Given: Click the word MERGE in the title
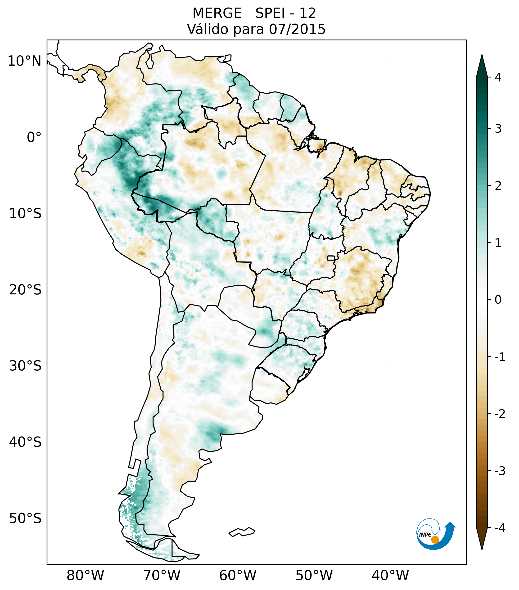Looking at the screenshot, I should click(x=217, y=13).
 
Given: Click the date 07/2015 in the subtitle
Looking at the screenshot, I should click(x=297, y=29).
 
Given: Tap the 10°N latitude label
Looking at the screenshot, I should click(x=24, y=61).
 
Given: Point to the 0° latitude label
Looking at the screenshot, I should click(x=34, y=137).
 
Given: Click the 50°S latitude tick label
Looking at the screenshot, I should click(x=25, y=518).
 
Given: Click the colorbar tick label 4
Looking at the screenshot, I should click(x=498, y=77).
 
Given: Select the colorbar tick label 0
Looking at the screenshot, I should click(x=498, y=300).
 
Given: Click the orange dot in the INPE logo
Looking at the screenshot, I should click(x=435, y=540).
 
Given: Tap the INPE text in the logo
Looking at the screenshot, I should click(x=425, y=535).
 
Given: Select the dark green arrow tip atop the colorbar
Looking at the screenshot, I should click(x=482, y=65).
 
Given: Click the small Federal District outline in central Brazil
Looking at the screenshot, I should click(x=331, y=258).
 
